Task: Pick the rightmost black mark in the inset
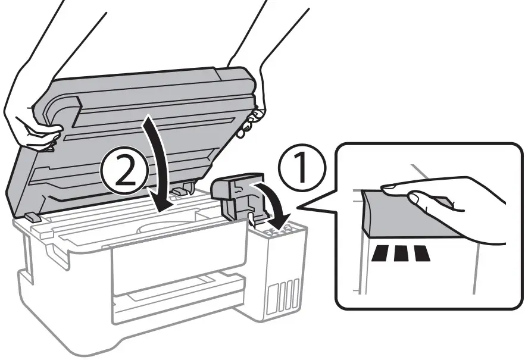pos(421,254)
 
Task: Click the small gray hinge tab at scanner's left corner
pos(33,217)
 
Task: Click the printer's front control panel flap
pos(179,256)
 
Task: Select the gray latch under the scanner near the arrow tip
pos(183,189)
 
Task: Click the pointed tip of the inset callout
pos(298,208)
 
